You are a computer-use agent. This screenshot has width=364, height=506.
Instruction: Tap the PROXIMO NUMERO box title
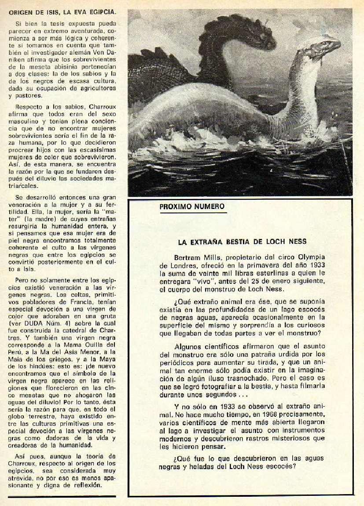(192, 206)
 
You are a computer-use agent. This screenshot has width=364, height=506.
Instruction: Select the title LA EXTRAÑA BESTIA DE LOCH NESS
(242, 242)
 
